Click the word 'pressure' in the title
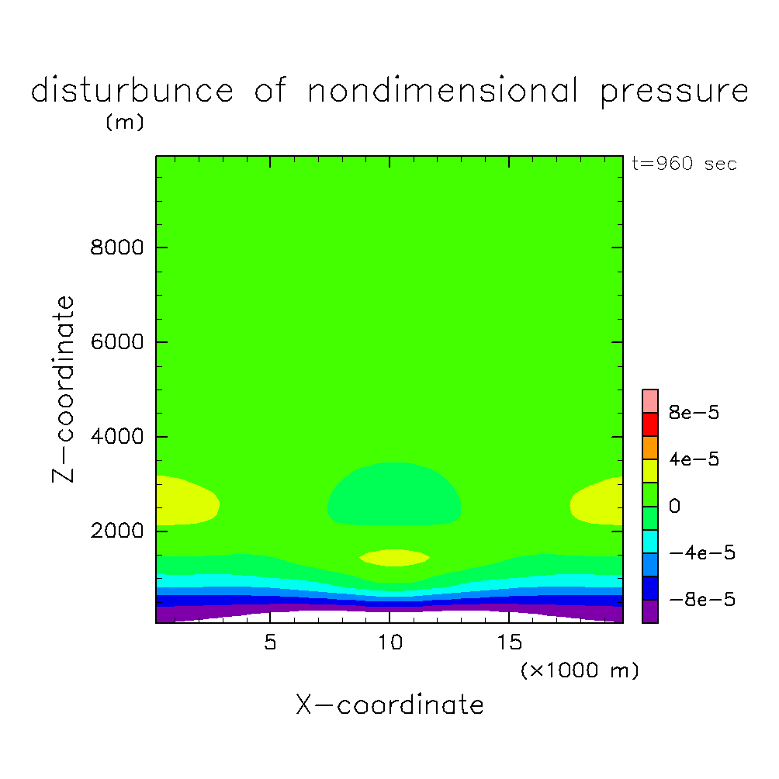coord(674,92)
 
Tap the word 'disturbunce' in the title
coord(132,91)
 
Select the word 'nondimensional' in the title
coord(443,91)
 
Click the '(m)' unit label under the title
coord(124,123)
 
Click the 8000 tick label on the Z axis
coord(114,248)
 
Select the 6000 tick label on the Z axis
coord(114,342)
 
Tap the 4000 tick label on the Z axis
coord(114,437)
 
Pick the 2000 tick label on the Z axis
coord(114,531)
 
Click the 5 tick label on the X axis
coord(269,643)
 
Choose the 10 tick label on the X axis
coord(389,643)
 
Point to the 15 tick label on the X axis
coord(508,643)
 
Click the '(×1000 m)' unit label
coord(580,670)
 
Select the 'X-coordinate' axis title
coord(389,705)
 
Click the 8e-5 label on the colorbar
coord(694,413)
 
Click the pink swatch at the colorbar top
coord(650,400)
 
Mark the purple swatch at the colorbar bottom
coord(650,611)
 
